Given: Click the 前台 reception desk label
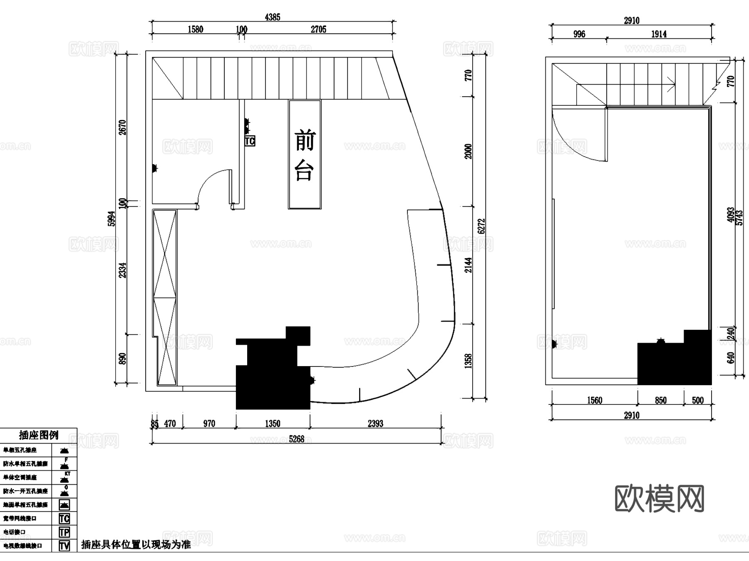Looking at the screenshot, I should [x=305, y=155].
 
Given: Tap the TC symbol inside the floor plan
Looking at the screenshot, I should [x=250, y=141].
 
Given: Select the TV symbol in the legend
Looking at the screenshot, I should [x=64, y=546].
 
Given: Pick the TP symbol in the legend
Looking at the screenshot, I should [x=64, y=532].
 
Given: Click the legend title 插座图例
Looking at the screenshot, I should [x=38, y=435].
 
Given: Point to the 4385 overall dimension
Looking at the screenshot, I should [x=273, y=17].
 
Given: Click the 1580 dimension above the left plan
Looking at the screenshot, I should [x=195, y=29].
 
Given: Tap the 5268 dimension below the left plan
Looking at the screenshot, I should [x=296, y=439].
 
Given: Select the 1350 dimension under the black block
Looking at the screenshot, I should [x=273, y=424].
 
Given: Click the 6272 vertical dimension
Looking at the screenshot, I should [x=481, y=226].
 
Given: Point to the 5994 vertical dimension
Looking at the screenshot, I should [x=111, y=219].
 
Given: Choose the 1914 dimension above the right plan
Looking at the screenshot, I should [x=659, y=34].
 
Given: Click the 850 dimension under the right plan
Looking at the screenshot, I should [x=660, y=400].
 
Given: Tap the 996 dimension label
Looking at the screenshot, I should [x=579, y=34].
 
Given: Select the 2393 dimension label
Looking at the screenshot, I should [x=375, y=424].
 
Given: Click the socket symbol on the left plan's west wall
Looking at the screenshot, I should [x=154, y=168].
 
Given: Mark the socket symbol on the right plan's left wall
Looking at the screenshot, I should [x=554, y=344].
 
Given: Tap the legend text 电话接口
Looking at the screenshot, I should [x=15, y=532].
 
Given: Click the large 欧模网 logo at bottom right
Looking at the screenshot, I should [x=659, y=499].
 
